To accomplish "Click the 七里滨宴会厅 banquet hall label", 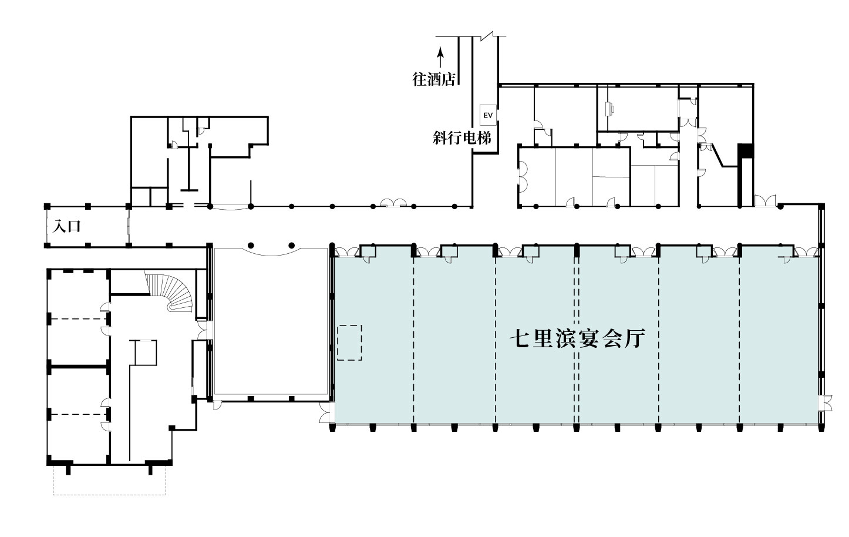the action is click(577, 338).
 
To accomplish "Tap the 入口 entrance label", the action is click(67, 226).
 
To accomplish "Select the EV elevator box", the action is click(488, 115).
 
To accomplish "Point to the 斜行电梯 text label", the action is click(462, 137).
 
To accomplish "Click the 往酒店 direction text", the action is click(433, 80).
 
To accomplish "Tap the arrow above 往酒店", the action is click(440, 57).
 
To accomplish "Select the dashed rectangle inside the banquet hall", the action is click(349, 343).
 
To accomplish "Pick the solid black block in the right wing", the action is click(745, 151).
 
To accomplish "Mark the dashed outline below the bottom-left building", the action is click(109, 480).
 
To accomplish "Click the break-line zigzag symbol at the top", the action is click(489, 36).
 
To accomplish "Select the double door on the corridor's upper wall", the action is click(393, 203).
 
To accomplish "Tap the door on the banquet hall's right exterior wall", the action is click(825, 403).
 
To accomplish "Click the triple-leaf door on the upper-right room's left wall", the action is click(523, 176).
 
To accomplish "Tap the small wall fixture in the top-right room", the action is click(611, 109).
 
